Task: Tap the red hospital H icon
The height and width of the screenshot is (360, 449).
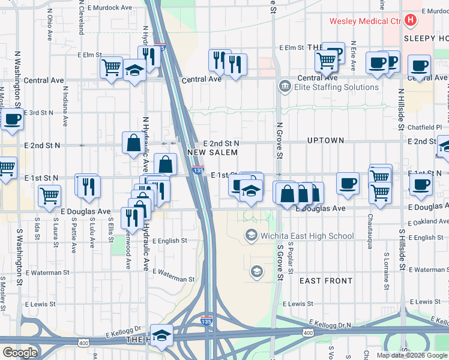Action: tap(411, 21)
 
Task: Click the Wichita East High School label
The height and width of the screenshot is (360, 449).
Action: tap(308, 236)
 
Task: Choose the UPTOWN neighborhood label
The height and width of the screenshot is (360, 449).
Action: tap(325, 140)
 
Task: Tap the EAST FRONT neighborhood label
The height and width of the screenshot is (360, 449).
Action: tap(325, 281)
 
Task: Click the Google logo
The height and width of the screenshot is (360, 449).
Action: tap(20, 353)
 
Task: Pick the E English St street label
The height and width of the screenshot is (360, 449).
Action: tap(169, 241)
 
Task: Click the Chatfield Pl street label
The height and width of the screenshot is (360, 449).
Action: tap(427, 127)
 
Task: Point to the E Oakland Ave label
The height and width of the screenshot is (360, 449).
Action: tap(427, 223)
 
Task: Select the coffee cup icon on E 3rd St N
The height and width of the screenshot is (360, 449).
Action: tap(11, 118)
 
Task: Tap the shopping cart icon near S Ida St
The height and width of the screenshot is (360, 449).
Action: tap(49, 194)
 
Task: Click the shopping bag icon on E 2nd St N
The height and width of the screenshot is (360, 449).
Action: tap(133, 143)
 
